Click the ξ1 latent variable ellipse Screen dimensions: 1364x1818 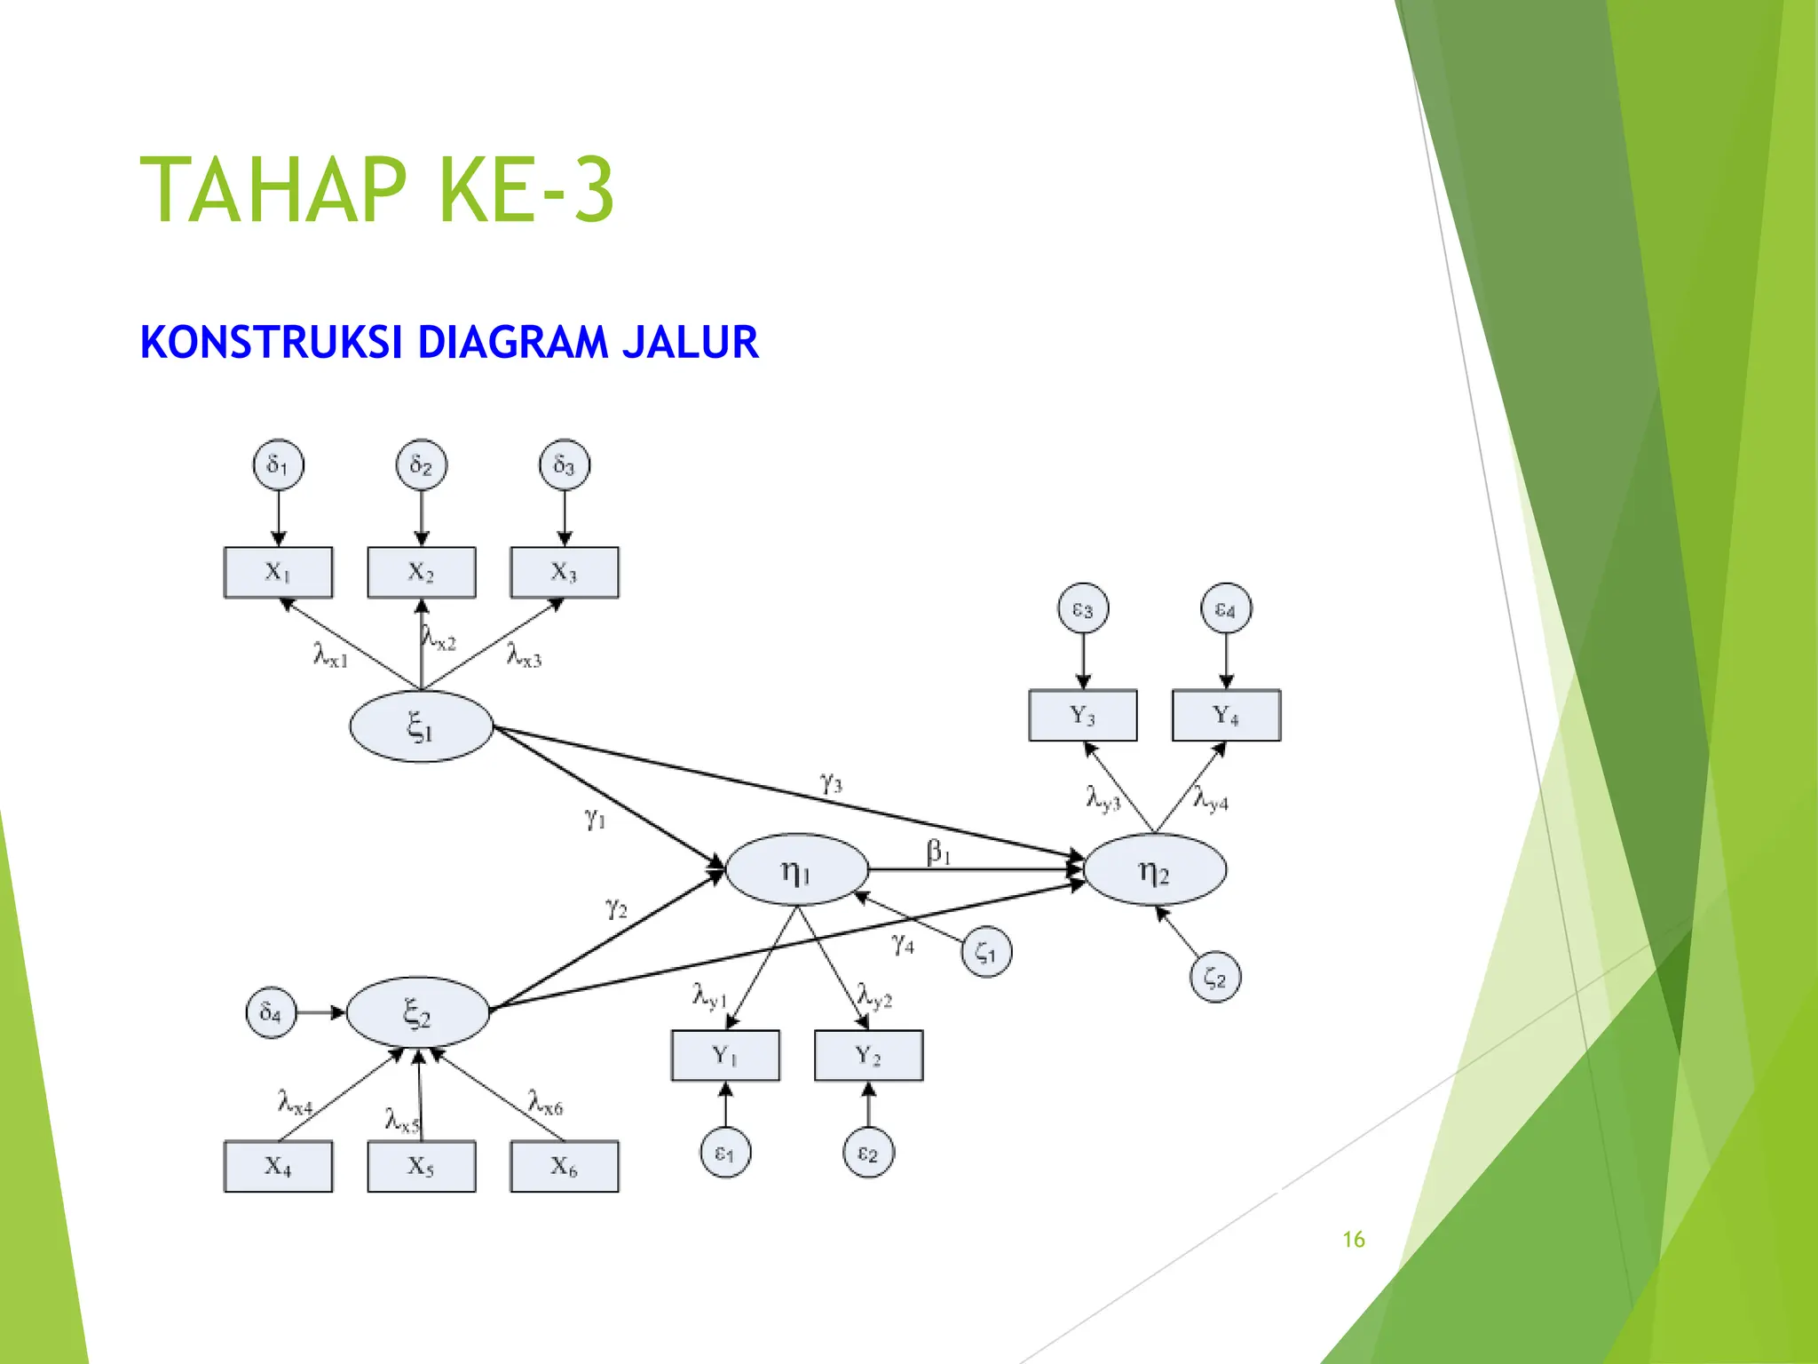[421, 727]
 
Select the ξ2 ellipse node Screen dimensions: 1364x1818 [417, 1012]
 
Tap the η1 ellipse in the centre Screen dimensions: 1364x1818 [796, 870]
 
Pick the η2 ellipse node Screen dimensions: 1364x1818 [1154, 870]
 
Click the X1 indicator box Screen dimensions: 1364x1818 [278, 572]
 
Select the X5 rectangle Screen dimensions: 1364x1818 [422, 1166]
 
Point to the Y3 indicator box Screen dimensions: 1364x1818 [1083, 715]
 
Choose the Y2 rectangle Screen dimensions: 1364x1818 [868, 1055]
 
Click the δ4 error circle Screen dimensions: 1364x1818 [271, 1012]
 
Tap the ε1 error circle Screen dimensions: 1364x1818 [725, 1153]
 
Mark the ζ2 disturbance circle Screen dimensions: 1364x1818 [1214, 978]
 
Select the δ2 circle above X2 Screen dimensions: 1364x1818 [422, 464]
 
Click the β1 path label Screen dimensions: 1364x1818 [938, 852]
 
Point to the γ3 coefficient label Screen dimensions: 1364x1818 [831, 783]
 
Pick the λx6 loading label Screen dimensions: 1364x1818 [545, 1104]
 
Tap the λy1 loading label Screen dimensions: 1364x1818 [709, 995]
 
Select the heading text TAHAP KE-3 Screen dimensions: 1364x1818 [377, 190]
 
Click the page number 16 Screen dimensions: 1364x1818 [1353, 1240]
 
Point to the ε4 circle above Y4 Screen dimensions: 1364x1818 [1226, 609]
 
